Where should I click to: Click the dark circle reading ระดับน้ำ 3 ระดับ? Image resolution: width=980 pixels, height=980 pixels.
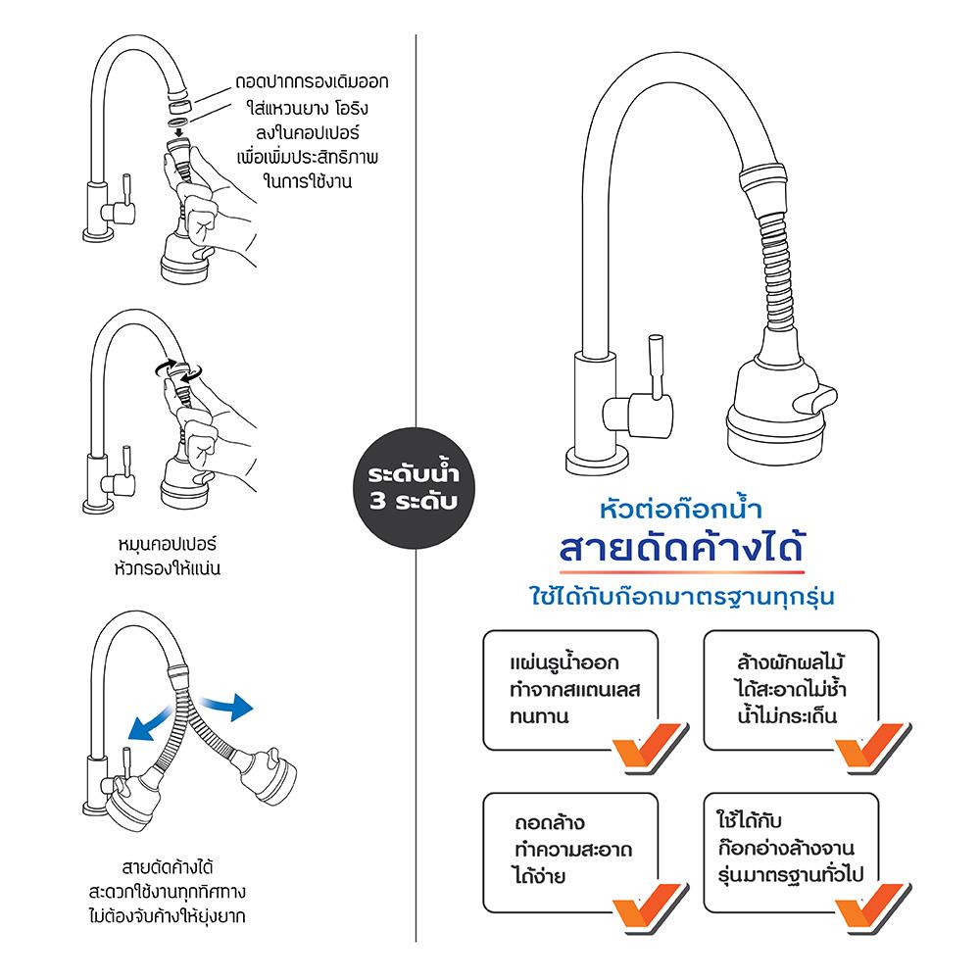tap(415, 488)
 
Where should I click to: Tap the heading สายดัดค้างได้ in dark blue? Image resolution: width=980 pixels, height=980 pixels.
tap(681, 548)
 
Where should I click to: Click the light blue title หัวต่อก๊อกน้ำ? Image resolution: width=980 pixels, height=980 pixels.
tap(681, 508)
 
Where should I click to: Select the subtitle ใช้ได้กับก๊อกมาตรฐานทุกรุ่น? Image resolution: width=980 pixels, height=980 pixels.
tap(682, 596)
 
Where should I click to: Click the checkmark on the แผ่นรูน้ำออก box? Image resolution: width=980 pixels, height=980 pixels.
tap(650, 746)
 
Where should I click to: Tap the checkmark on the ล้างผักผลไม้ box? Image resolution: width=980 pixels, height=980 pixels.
tap(872, 746)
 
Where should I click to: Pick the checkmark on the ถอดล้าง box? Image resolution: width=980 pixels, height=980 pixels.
tap(650, 907)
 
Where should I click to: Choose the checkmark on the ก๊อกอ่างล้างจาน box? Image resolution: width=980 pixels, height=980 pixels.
tap(872, 907)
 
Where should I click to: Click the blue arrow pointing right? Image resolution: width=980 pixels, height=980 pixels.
tap(227, 707)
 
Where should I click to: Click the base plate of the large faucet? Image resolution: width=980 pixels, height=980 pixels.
tap(597, 462)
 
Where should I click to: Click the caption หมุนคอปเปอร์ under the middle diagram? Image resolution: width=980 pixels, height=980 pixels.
tap(167, 543)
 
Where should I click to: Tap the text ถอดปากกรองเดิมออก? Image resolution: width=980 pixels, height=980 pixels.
tap(312, 82)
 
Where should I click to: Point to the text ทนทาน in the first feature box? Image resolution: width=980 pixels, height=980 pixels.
tap(539, 716)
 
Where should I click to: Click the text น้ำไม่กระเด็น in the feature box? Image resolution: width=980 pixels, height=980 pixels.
tap(787, 715)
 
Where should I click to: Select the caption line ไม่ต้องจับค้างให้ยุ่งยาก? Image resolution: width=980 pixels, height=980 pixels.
tap(167, 916)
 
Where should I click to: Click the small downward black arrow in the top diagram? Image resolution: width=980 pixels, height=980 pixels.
tap(179, 132)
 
